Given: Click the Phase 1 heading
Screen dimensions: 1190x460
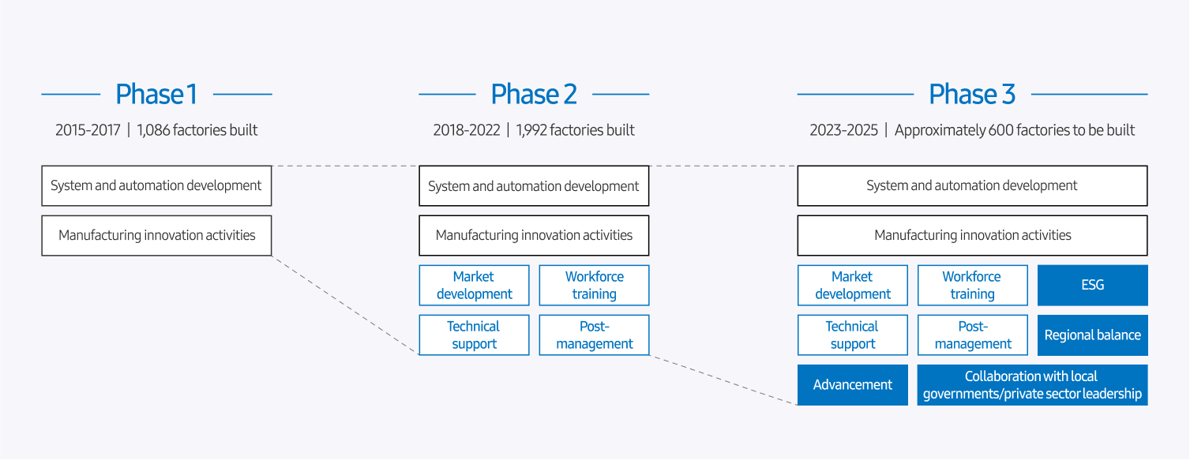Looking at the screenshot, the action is tap(156, 95).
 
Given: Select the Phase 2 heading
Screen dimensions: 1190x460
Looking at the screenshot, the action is tap(534, 95).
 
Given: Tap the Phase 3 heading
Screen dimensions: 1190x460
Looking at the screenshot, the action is tap(972, 95).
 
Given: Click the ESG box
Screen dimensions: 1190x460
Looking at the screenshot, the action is tap(1093, 286).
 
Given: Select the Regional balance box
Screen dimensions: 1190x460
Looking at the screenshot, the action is tap(1093, 335).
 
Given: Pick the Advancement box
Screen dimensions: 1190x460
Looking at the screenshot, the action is tap(853, 385).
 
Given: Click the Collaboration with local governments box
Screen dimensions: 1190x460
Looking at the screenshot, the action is tap(1032, 385).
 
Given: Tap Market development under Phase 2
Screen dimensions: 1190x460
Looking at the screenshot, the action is tap(475, 286).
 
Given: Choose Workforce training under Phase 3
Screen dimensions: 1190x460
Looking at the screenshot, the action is tap(973, 286).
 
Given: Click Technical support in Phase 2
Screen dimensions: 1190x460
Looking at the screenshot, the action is tap(475, 335).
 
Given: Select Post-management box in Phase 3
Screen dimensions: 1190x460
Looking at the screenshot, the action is tap(973, 335).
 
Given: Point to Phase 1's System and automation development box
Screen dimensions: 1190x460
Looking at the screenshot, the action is tap(156, 185).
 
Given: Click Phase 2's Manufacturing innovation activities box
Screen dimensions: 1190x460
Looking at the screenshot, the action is tap(534, 236).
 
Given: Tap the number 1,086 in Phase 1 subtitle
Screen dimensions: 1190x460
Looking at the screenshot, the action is tap(153, 130).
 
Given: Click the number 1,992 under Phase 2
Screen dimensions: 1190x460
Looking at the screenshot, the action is tap(531, 130).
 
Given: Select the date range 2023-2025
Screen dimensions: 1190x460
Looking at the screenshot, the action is tap(843, 130).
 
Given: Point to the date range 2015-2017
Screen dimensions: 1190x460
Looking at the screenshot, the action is tap(88, 130).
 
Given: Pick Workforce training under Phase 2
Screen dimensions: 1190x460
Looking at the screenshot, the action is tap(595, 286).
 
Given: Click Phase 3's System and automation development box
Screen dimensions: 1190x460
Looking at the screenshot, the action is tap(972, 185).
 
